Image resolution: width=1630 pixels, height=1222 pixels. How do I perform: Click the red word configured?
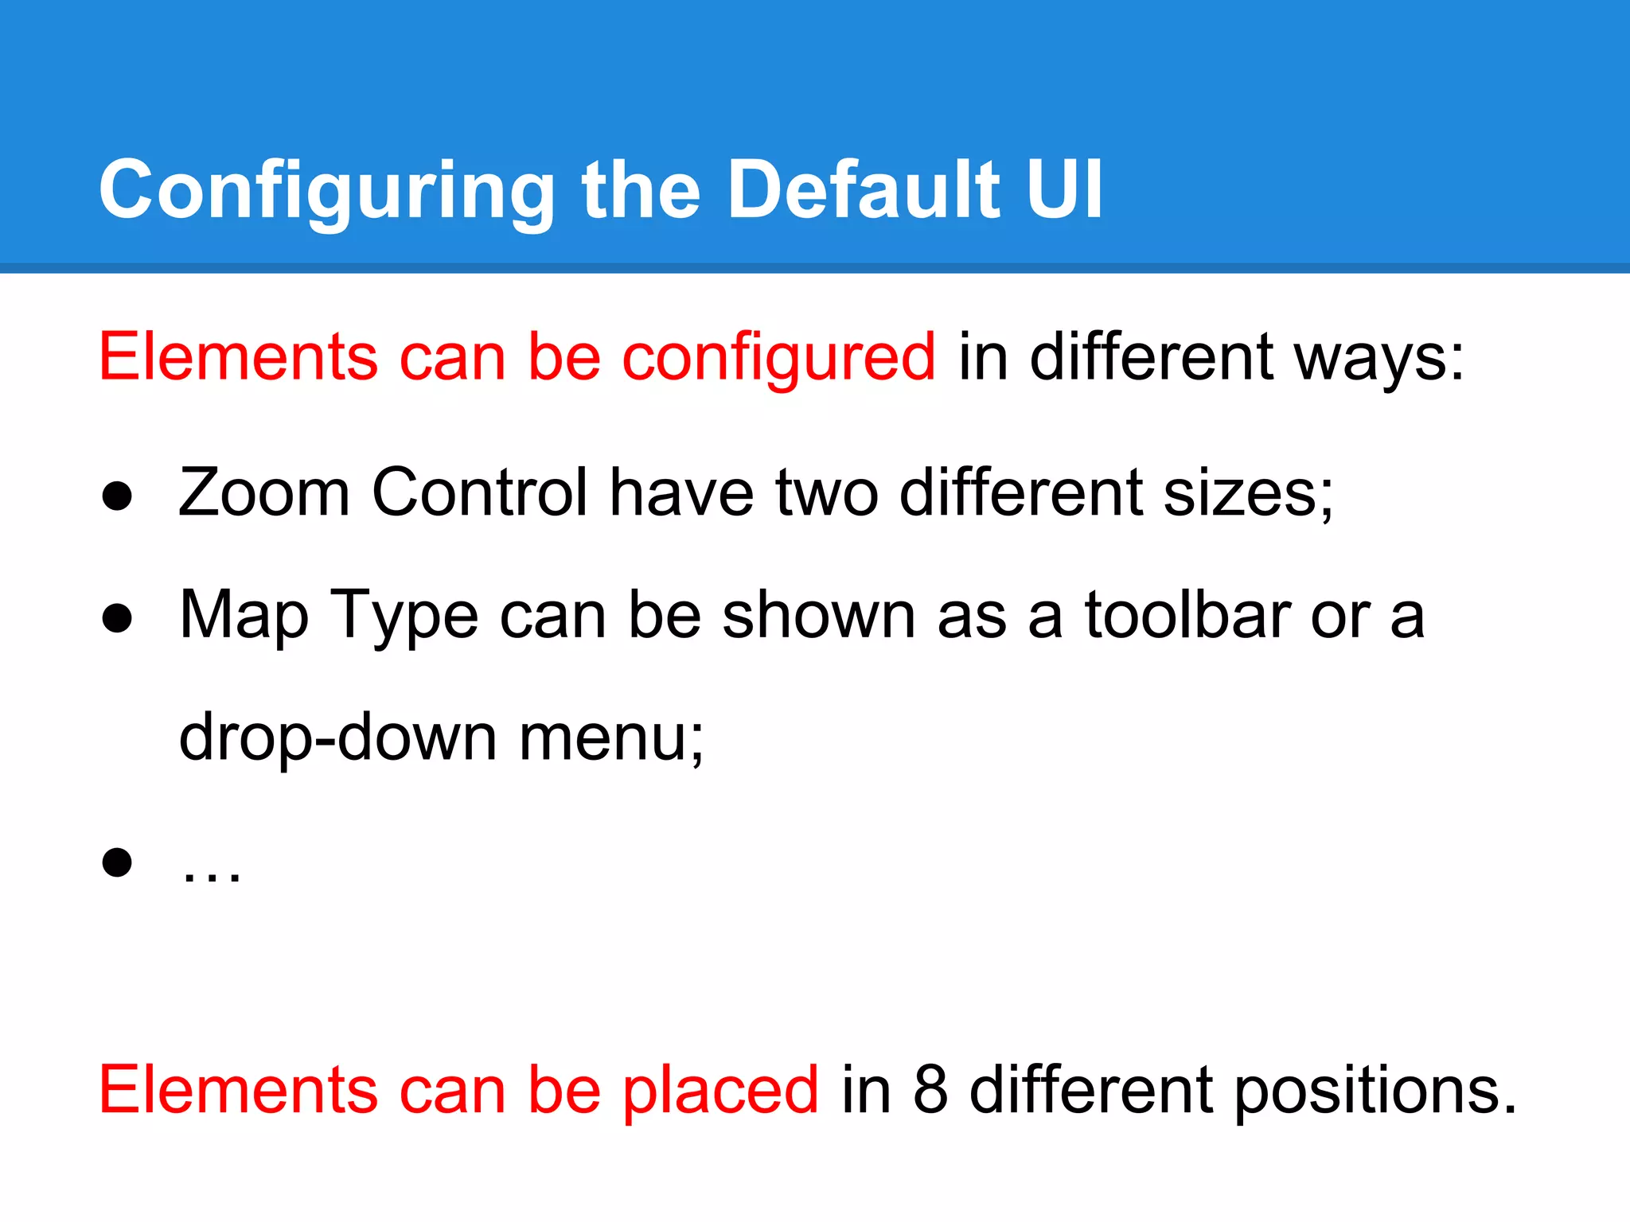click(778, 358)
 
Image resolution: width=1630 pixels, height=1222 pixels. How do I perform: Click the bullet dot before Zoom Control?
click(117, 496)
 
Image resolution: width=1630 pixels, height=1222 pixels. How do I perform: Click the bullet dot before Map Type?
click(117, 618)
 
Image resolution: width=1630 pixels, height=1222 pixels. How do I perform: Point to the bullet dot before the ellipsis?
click(117, 862)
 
